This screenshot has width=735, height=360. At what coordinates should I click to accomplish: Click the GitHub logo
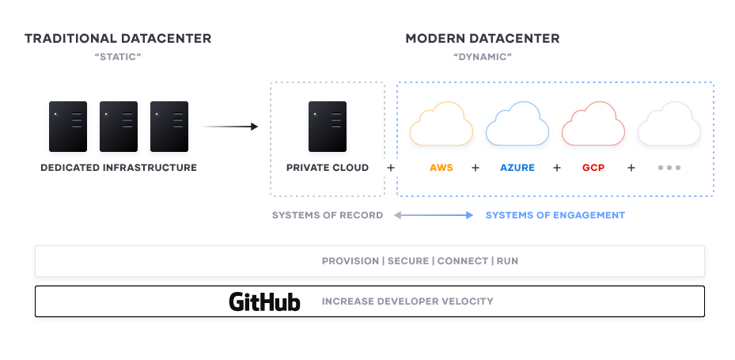[264, 301]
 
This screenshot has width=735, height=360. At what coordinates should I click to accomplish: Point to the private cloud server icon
[328, 127]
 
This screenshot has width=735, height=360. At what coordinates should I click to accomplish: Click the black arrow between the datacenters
[231, 127]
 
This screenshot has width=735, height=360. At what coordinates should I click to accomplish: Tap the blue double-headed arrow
[434, 215]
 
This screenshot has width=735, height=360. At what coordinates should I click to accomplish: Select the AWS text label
[441, 168]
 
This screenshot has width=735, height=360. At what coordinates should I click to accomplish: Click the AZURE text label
[517, 168]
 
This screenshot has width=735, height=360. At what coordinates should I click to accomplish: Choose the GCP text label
[593, 168]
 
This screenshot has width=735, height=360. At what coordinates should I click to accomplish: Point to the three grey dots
[669, 169]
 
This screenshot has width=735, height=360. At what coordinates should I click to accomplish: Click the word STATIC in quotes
[118, 58]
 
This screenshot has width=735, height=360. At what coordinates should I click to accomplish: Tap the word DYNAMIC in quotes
[483, 58]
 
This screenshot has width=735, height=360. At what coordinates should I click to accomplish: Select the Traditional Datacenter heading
[118, 38]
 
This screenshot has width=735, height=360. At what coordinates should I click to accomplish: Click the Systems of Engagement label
[555, 215]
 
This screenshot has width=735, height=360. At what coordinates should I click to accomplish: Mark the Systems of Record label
[328, 215]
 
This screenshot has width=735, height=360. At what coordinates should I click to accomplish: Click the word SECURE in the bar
[409, 261]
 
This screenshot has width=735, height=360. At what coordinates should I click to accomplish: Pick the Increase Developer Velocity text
[407, 301]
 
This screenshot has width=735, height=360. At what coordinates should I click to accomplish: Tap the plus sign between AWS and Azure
[475, 168]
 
